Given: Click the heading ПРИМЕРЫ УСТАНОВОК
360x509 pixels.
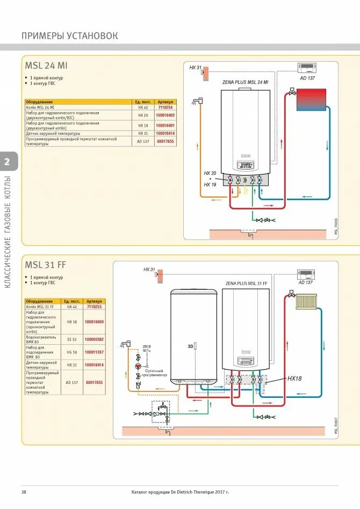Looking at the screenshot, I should pos(69,36).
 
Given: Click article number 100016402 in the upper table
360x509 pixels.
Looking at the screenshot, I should pos(165,115).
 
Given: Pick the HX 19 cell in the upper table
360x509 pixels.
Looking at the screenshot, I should pos(142,125).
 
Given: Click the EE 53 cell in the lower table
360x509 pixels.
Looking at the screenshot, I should pos(72,339).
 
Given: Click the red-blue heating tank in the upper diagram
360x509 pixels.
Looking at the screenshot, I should pos(312,99).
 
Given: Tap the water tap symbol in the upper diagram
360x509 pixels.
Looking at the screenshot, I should pos(198,100).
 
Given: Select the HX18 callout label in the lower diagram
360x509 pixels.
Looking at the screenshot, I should pos(294,378).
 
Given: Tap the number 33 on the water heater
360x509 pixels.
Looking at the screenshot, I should pos(190,346).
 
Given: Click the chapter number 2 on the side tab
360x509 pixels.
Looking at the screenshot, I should pos(6,162).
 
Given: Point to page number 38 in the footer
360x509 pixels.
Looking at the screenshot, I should pos(24,492).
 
